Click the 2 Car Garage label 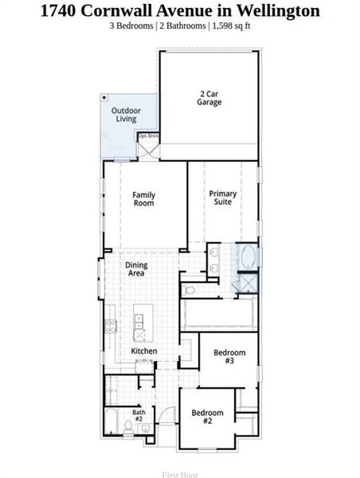click(209, 98)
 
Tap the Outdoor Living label click(126, 115)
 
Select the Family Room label click(143, 198)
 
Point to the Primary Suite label click(222, 198)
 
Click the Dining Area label click(135, 269)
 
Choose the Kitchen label click(143, 351)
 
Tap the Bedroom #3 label click(229, 356)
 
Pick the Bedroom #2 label click(207, 416)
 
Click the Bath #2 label click(139, 415)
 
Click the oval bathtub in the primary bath click(248, 257)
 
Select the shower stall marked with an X click(248, 283)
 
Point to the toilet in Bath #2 click(146, 429)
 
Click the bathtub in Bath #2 click(112, 420)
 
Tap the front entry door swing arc click(166, 414)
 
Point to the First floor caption click(180, 475)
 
